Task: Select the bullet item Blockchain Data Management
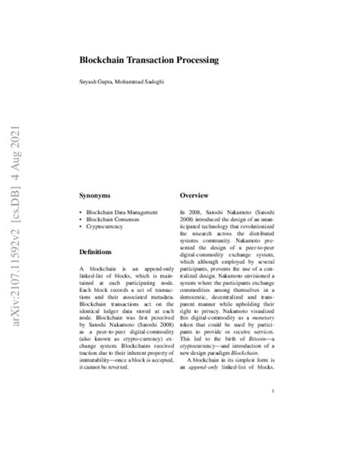coord(124,211)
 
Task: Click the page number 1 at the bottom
coord(271,412)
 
